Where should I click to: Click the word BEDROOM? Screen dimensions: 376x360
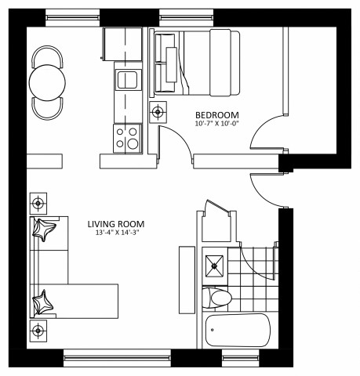(x=212, y=114)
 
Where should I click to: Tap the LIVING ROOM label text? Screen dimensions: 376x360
(x=116, y=224)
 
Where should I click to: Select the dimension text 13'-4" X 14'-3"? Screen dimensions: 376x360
(x=116, y=233)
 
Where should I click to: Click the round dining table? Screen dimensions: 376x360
(x=47, y=80)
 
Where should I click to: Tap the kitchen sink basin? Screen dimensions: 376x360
(x=126, y=79)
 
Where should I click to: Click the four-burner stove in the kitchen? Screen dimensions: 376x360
(x=126, y=139)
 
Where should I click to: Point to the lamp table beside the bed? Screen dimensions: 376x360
(x=158, y=111)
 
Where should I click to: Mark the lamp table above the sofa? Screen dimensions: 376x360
(x=37, y=205)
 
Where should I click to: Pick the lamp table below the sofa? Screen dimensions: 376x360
(x=37, y=327)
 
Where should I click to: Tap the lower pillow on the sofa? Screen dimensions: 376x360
(x=44, y=300)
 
